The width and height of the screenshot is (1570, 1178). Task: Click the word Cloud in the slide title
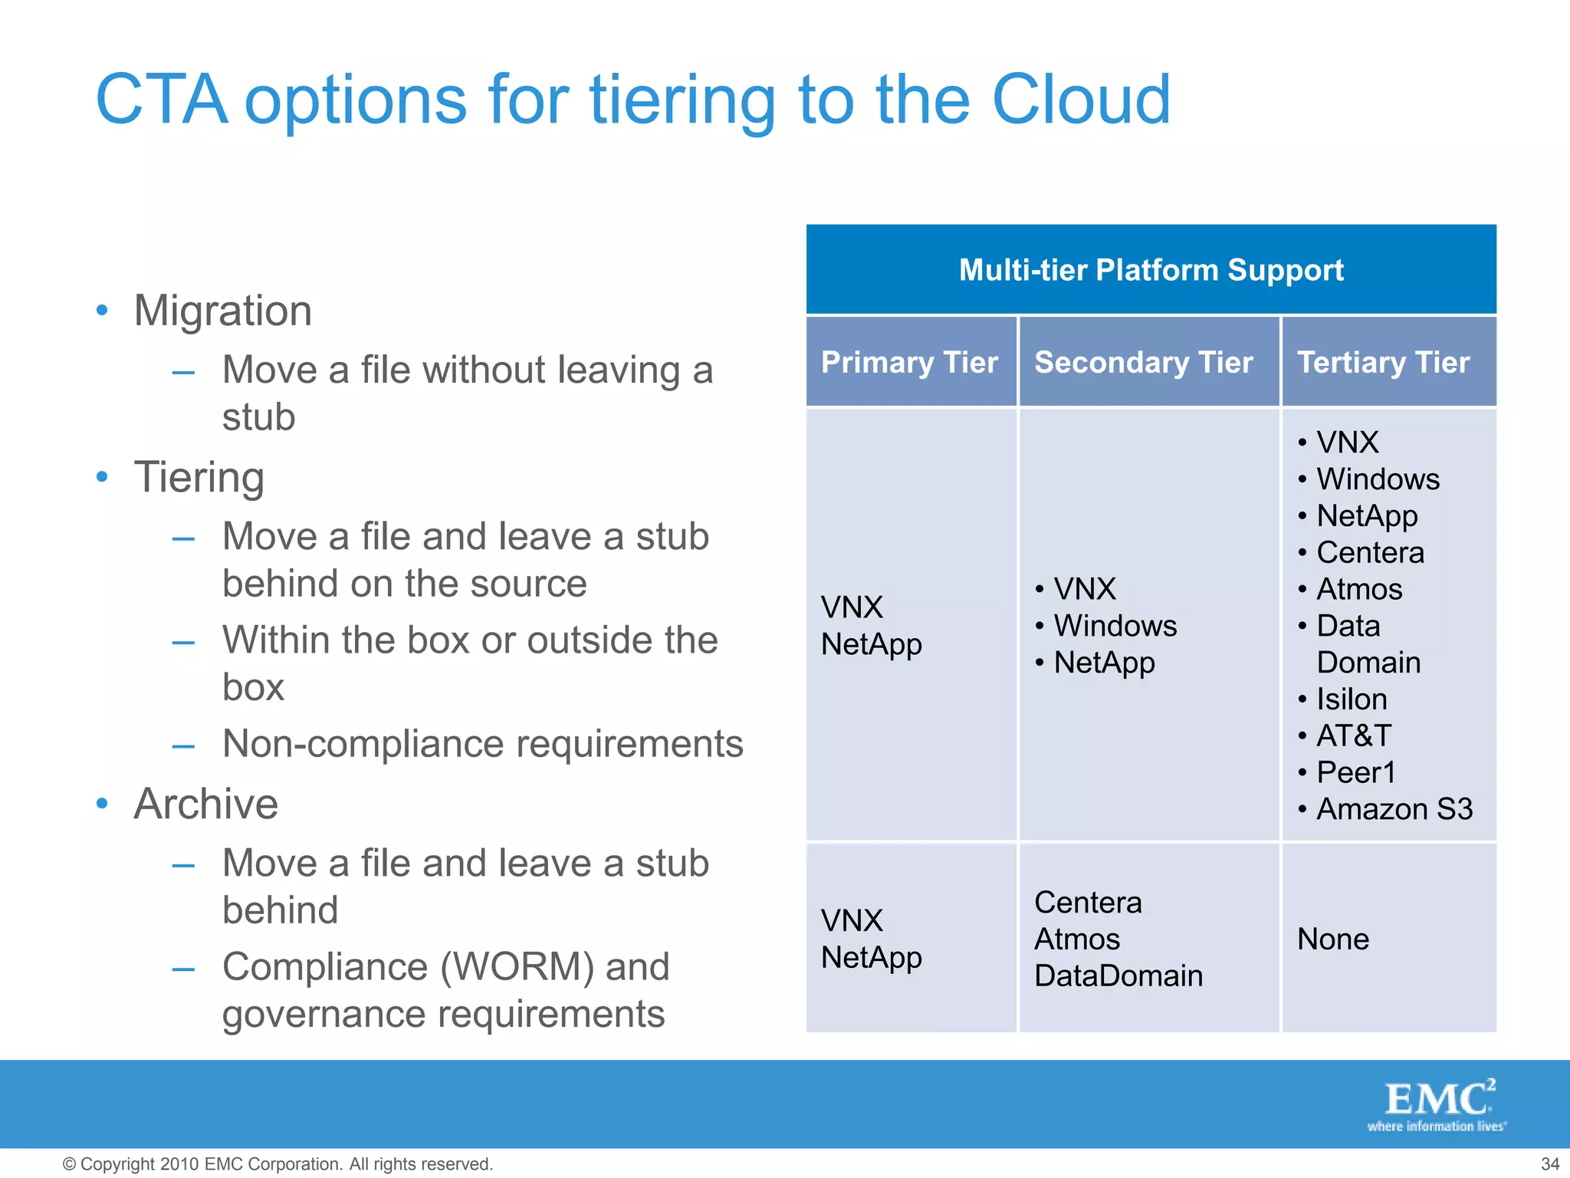[1081, 100]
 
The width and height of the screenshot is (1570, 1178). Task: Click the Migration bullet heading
[222, 311]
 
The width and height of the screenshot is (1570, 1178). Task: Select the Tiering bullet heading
[199, 477]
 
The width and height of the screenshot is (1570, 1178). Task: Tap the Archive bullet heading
[205, 804]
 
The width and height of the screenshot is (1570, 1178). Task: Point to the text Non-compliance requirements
[483, 744]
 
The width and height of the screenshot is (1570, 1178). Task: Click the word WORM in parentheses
[517, 966]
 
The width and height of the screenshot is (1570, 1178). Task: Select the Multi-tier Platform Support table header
[1151, 270]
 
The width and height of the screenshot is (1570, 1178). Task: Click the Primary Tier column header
[909, 362]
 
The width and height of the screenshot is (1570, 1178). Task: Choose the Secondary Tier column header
[1143, 362]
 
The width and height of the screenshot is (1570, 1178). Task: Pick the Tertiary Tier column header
[1383, 362]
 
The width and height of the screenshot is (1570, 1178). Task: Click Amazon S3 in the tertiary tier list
[1394, 809]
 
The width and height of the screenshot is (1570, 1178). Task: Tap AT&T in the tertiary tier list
[1353, 735]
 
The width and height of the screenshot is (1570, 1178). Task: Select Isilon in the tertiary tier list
[1352, 699]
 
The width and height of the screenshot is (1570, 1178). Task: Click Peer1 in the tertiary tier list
[1355, 772]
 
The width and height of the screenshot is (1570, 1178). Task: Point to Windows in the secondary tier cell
[1115, 626]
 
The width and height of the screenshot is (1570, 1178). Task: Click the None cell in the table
[1332, 939]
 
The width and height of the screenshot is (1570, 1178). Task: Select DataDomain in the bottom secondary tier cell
[1118, 976]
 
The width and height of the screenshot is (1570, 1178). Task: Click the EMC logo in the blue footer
[1437, 1104]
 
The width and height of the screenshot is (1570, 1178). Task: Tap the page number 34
[1549, 1163]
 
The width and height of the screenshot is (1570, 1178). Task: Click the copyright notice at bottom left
[278, 1163]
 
